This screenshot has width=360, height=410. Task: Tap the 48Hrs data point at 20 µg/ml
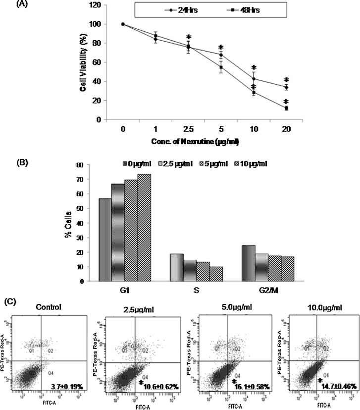coord(286,108)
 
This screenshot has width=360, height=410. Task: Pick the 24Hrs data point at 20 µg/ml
coord(286,87)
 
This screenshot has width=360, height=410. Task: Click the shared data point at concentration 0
coord(122,24)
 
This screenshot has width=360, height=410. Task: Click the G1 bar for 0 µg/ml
coord(105,239)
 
